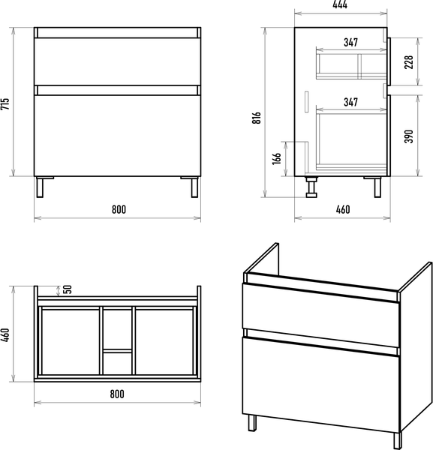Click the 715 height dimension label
coord(5,103)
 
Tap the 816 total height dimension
coord(257,118)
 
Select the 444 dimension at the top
coord(340,4)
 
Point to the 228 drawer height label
coord(408,62)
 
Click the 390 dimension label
coord(408,136)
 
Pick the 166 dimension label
coord(276,159)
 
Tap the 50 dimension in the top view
coord(67,289)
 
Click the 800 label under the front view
coord(119,209)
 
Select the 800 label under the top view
coord(117,394)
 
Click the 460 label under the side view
coord(343,209)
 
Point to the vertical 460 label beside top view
coord(5,335)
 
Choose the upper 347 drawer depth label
coord(351,43)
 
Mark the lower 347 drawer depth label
coord(351,102)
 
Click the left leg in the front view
coord(40,187)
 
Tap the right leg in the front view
coord(194,187)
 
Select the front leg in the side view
coord(377,187)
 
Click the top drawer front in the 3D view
coord(321,315)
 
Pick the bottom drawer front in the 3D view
coord(321,385)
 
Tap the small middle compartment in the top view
coord(117,363)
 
